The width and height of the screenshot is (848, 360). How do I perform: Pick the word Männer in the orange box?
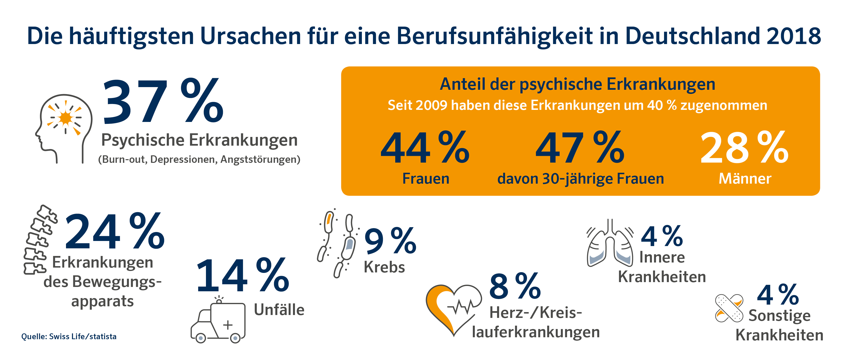[x=745, y=179]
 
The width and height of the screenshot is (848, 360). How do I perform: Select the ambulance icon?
[x=218, y=321]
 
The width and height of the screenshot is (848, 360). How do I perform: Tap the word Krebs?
[x=384, y=267]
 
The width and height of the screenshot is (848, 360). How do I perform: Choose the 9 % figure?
[x=390, y=241]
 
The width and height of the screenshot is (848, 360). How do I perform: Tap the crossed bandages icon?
[x=729, y=308]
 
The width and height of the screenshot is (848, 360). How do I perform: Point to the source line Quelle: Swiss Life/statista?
[x=69, y=337]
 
